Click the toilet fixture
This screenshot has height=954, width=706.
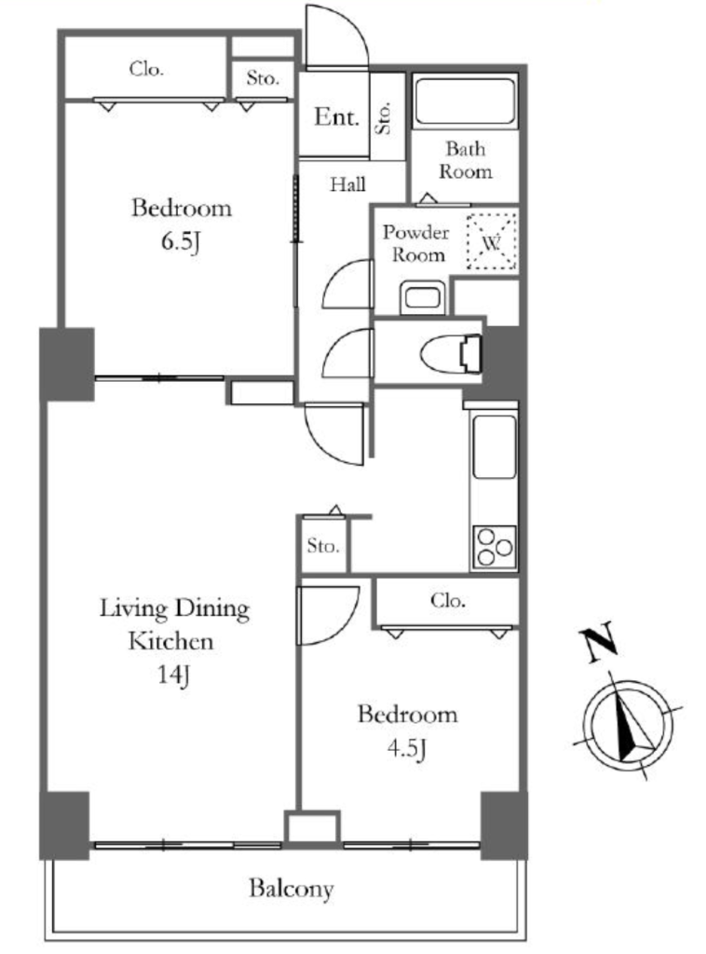tap(452, 351)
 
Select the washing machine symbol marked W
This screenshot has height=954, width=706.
tap(492, 242)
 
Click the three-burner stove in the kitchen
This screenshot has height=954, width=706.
tap(494, 546)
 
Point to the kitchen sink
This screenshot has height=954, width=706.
tap(495, 446)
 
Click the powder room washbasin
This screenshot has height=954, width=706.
tap(423, 297)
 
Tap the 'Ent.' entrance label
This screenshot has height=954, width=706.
tap(336, 116)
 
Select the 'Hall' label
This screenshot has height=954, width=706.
tap(347, 184)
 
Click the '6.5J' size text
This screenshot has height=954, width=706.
tap(181, 242)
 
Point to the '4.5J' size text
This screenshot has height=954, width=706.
tap(406, 749)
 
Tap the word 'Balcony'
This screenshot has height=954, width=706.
tap(292, 889)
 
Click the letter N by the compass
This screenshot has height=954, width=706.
tap(598, 643)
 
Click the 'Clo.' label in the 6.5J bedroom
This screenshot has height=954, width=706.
tap(146, 69)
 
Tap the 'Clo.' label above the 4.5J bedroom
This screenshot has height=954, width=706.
tap(448, 601)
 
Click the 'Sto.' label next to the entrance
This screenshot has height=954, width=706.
tap(385, 116)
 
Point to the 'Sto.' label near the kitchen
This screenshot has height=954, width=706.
tap(323, 545)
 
